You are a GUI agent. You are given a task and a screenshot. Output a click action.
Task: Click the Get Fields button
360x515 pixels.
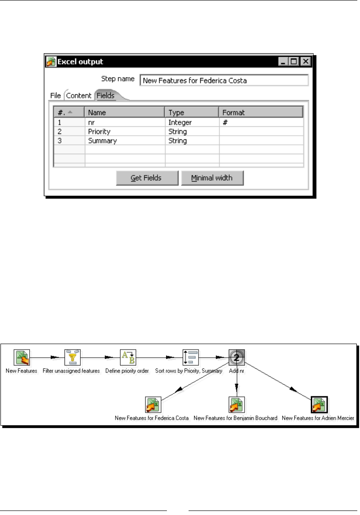coord(147,178)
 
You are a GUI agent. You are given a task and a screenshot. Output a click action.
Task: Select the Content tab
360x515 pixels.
coord(79,96)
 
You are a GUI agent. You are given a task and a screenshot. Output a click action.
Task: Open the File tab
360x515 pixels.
coord(55,96)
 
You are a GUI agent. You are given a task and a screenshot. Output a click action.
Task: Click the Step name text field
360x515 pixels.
coord(224,80)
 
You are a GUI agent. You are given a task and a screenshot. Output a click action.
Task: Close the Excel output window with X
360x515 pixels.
coord(305,61)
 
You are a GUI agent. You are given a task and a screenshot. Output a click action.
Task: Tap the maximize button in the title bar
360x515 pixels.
coord(294,61)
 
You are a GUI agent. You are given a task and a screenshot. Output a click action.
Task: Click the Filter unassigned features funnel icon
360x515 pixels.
coord(72,357)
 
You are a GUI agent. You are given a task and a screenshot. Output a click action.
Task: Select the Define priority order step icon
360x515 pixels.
coord(127,357)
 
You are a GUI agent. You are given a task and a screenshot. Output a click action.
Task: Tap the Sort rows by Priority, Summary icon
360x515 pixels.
coord(190,357)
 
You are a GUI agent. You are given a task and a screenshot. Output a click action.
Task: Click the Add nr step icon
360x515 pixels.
coord(236,357)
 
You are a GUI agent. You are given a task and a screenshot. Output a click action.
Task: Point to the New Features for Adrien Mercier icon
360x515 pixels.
coord(319,405)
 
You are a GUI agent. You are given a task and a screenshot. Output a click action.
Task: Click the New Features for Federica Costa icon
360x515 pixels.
coord(152,405)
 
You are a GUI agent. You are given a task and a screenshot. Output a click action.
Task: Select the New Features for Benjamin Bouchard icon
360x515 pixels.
coord(236,405)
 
